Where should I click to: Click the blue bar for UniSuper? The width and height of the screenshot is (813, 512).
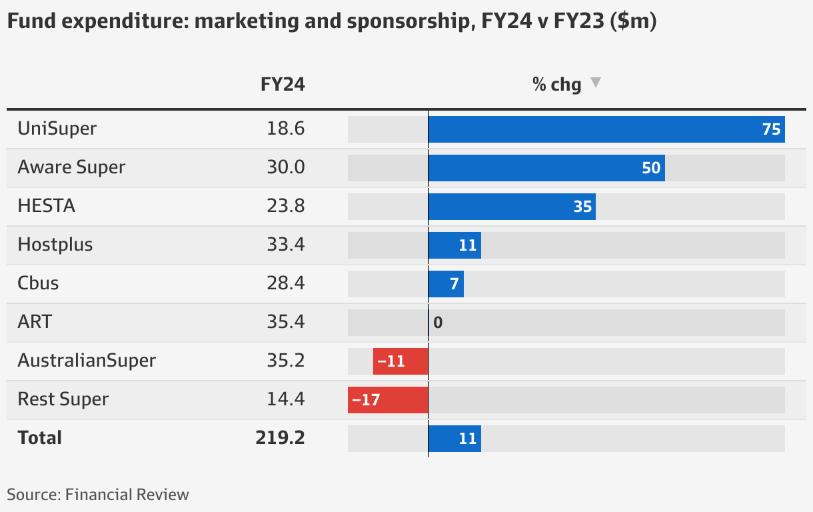click(x=606, y=129)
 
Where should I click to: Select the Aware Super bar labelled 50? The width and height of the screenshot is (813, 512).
click(x=546, y=168)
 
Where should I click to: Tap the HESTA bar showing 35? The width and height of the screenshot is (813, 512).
click(x=512, y=207)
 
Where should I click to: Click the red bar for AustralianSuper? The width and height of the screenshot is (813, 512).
click(x=401, y=361)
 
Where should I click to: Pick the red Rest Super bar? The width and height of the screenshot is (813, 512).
click(x=388, y=400)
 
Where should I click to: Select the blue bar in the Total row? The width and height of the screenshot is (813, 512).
click(x=454, y=439)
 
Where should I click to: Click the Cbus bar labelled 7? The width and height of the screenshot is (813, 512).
click(x=446, y=284)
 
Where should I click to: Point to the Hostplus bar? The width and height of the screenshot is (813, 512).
click(x=454, y=245)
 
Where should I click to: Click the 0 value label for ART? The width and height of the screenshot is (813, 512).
click(x=438, y=323)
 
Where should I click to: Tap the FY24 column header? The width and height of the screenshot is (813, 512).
click(x=283, y=85)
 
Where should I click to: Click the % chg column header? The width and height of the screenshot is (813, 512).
click(x=556, y=85)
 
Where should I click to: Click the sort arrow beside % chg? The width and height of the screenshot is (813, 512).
click(x=596, y=83)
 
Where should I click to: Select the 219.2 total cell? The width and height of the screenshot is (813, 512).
click(x=280, y=438)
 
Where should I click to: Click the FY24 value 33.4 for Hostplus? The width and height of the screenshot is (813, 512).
click(x=285, y=245)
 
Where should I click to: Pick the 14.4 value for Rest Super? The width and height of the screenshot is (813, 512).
click(x=285, y=399)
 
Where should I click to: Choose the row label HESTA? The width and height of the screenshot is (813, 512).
click(x=47, y=206)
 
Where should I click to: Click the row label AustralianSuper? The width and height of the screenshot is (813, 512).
click(x=87, y=361)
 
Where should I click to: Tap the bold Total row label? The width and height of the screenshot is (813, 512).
click(x=40, y=438)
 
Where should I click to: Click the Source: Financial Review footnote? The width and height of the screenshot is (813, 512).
click(x=98, y=495)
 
